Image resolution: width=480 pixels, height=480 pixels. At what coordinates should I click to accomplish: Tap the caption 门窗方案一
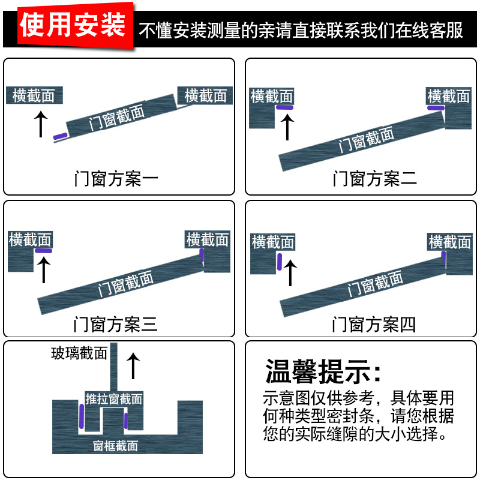pyautogui.click(x=116, y=178)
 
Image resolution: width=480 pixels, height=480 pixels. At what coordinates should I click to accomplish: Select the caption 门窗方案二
pyautogui.click(x=374, y=178)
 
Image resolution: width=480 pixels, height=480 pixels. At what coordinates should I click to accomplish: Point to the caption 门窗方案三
pyautogui.click(x=115, y=325)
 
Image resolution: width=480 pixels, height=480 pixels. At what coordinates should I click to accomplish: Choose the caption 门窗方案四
pyautogui.click(x=374, y=325)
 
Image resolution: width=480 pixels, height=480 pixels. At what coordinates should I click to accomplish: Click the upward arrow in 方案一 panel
pyautogui.click(x=40, y=124)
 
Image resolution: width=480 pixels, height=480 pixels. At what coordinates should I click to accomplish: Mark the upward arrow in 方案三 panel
pyautogui.click(x=43, y=269)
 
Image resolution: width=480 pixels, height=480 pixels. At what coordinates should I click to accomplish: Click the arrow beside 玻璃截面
pyautogui.click(x=133, y=365)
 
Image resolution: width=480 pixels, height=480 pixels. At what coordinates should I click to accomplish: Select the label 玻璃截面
pyautogui.click(x=79, y=353)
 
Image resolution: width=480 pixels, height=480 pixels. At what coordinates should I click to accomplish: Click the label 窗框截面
pyautogui.click(x=116, y=446)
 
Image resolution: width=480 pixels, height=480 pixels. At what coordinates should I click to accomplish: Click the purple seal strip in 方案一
pyautogui.click(x=60, y=137)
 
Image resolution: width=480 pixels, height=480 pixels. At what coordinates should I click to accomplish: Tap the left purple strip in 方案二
pyautogui.click(x=284, y=107)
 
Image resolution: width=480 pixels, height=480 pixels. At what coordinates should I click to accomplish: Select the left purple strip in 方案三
pyautogui.click(x=43, y=250)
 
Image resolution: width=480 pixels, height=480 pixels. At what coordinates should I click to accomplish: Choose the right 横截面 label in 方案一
pyautogui.click(x=205, y=95)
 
